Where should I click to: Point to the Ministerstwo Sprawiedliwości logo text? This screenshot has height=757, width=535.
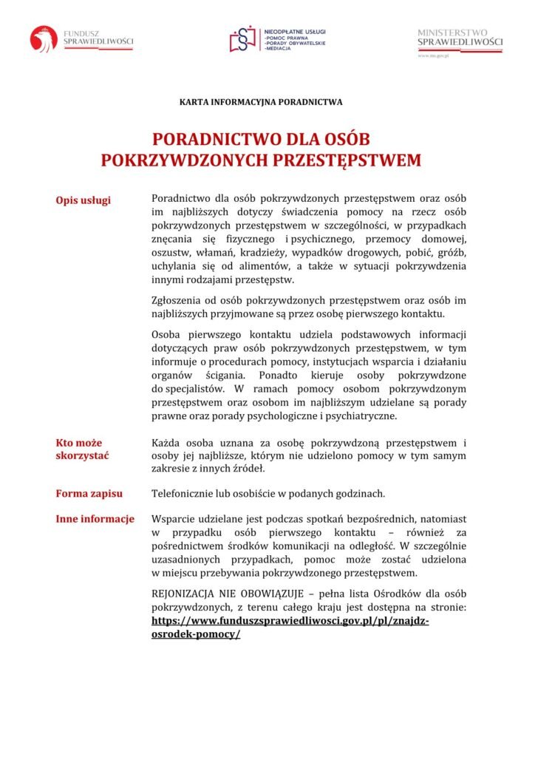pos(460,38)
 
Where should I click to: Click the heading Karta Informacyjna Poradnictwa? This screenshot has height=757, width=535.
pos(261,101)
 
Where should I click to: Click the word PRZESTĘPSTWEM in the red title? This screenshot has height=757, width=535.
pos(347,160)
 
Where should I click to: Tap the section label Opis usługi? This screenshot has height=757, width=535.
pos(84,200)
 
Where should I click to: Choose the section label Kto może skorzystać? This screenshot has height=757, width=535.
pos(82,449)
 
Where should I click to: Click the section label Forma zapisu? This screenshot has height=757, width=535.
pos(89,493)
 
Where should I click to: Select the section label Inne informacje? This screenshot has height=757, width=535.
pos(95,519)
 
